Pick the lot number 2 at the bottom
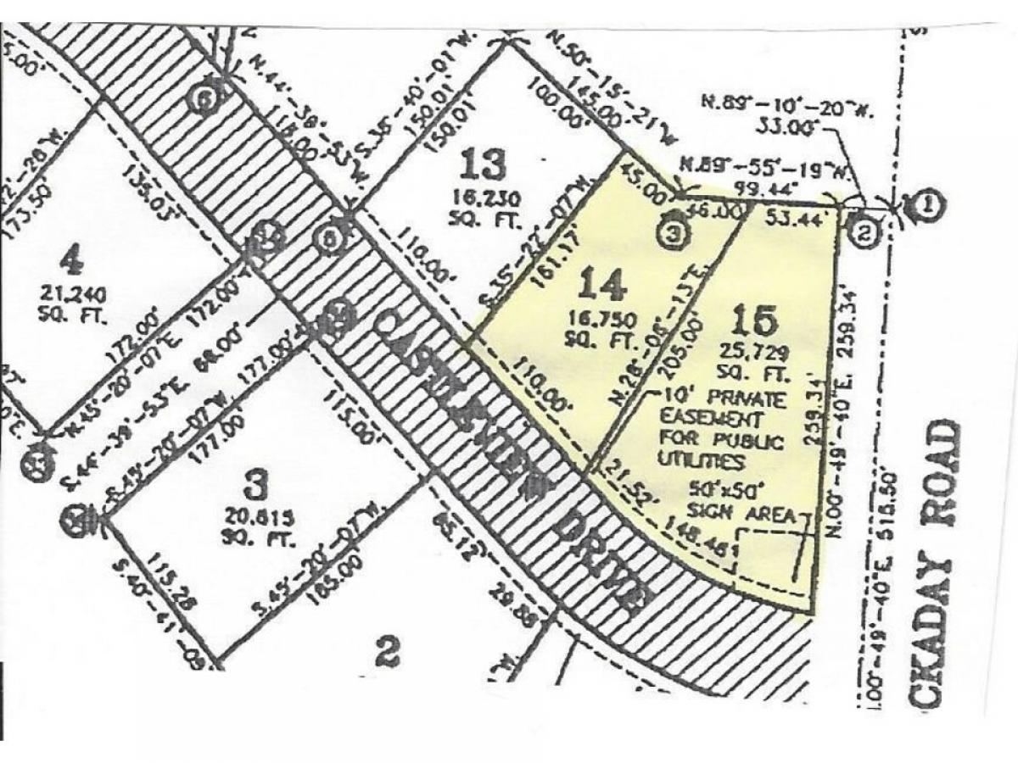(x=386, y=653)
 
